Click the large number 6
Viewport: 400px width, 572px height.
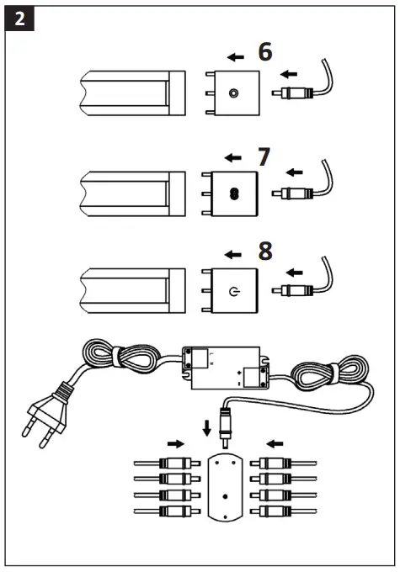click(x=264, y=52)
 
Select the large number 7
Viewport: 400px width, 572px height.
click(x=264, y=156)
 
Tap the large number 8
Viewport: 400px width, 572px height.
click(x=264, y=252)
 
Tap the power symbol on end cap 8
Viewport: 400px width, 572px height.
click(x=232, y=292)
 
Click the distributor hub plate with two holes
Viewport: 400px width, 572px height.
click(x=225, y=488)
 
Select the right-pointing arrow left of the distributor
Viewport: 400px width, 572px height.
click(x=175, y=442)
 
